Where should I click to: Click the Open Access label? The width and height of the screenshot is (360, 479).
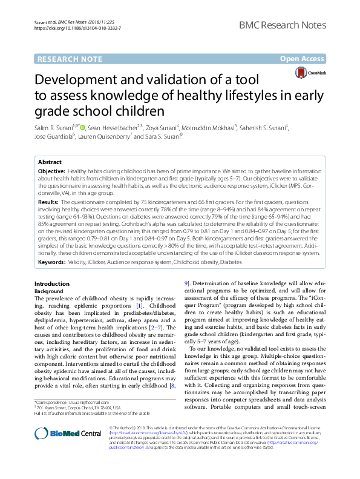pos(303,59)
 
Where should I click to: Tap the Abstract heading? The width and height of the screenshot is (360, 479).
pos(50,163)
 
